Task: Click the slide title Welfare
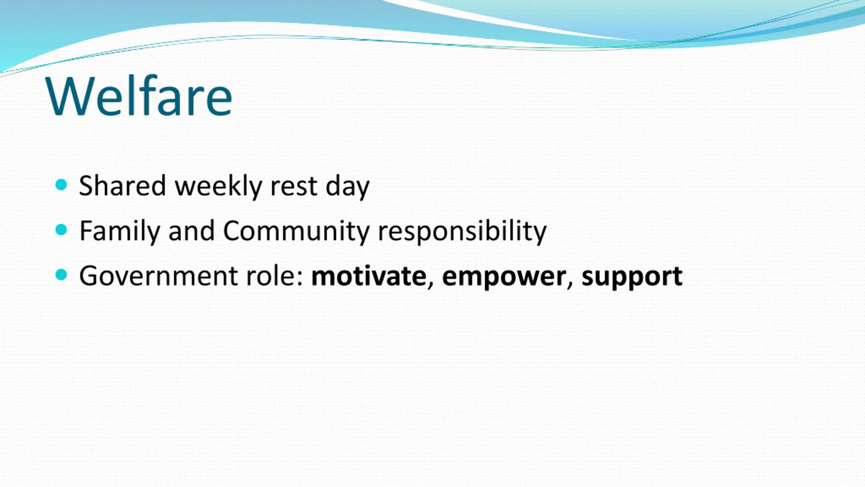pyautogui.click(x=139, y=96)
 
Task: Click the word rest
pyautogui.click(x=294, y=187)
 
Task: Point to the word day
pyautogui.click(x=347, y=187)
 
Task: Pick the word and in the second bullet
pyautogui.click(x=191, y=230)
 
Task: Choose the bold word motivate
pyautogui.click(x=369, y=276)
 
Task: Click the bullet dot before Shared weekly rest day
pyautogui.click(x=61, y=185)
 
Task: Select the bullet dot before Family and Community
pyautogui.click(x=61, y=230)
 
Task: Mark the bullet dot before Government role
pyautogui.click(x=61, y=275)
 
